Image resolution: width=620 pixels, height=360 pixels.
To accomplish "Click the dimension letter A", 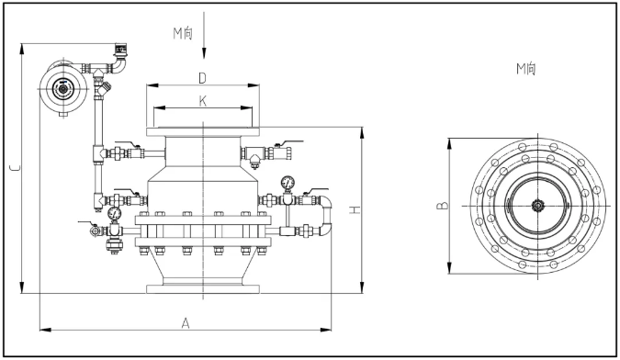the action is coord(186,323).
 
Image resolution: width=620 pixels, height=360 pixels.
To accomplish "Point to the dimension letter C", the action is coord(16,168).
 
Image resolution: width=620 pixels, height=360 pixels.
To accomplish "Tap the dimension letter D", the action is coord(202,78).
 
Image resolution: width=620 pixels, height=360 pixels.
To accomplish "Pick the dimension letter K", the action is coord(202,102).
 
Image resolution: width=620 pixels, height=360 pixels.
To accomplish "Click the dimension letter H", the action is coord(355,209).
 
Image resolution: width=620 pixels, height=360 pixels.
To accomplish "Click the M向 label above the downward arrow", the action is coord(183,34).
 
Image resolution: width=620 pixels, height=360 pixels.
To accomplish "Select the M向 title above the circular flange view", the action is coord(526,69).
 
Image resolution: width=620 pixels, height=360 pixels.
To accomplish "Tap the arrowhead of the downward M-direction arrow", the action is coord(204,53).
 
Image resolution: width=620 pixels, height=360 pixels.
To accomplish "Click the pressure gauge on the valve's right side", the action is coord(287,183).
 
